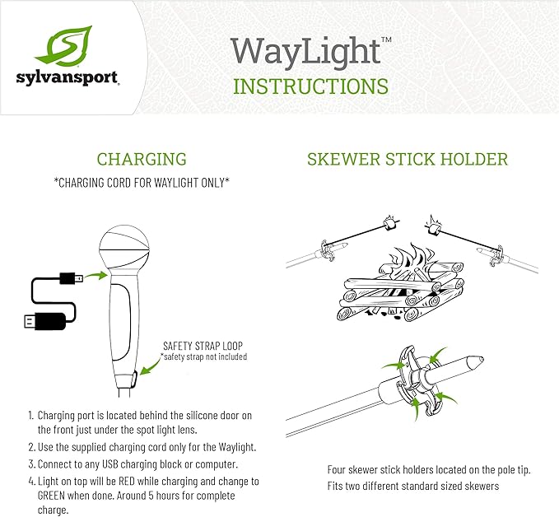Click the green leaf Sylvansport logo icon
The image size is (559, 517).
click(64, 46)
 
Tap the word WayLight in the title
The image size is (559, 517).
click(306, 54)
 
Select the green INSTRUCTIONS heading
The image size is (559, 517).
click(310, 86)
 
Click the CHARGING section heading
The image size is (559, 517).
click(142, 159)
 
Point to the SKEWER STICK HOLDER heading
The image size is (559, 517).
click(408, 159)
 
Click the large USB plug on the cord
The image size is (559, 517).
click(45, 321)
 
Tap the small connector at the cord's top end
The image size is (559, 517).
click(72, 278)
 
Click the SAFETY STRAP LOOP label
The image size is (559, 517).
click(203, 346)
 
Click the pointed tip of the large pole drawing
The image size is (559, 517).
click(483, 359)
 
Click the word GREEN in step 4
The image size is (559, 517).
click(51, 496)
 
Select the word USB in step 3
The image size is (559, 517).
click(110, 464)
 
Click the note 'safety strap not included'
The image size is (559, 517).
click(203, 356)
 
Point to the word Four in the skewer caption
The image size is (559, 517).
click(336, 469)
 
